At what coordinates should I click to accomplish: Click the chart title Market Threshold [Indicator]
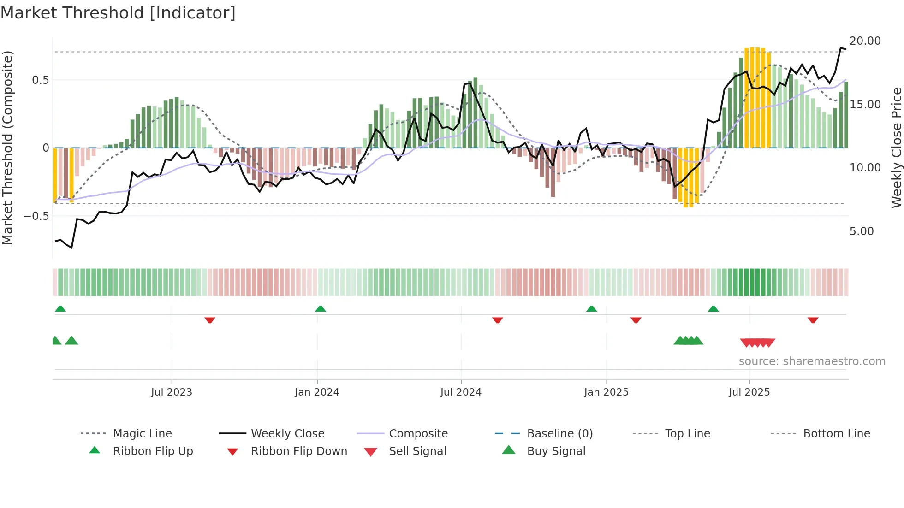tap(118, 13)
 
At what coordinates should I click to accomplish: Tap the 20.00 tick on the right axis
tap(865, 41)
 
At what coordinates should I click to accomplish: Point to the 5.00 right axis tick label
tap(861, 231)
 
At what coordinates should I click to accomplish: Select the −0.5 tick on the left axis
tap(36, 216)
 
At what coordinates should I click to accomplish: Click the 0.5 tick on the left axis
tap(40, 80)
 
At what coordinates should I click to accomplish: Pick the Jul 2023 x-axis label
tap(172, 392)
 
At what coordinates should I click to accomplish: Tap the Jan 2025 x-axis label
tap(606, 392)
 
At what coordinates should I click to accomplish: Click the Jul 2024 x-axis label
tap(461, 392)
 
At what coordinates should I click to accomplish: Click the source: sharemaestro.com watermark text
tap(812, 361)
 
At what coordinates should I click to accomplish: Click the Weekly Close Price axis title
tap(896, 148)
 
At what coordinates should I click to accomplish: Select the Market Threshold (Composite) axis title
tap(7, 148)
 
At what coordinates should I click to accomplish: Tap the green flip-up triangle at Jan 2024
tap(321, 309)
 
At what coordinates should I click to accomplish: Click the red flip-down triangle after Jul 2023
tap(210, 320)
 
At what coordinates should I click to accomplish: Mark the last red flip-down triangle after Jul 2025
tap(813, 320)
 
